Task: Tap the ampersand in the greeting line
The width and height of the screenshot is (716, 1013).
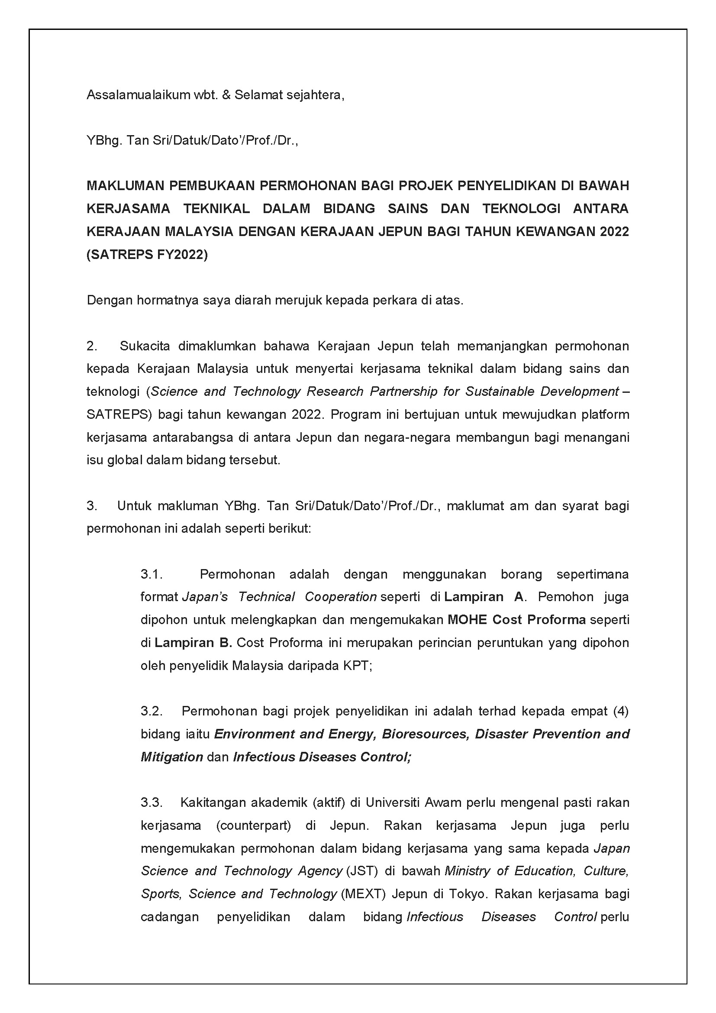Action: pos(226,95)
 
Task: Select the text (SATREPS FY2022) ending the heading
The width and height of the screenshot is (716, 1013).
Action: pos(147,255)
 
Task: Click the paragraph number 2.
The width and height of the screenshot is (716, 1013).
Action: pos(92,346)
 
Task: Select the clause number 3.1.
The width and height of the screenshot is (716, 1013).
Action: pos(152,574)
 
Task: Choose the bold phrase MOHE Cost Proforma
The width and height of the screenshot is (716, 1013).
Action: pos(517,620)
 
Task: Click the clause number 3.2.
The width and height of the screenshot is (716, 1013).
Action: pos(152,711)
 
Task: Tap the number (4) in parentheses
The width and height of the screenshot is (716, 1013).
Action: pos(620,711)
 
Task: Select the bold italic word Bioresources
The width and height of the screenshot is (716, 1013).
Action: pos(426,734)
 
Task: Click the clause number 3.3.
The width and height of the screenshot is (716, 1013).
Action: pos(152,803)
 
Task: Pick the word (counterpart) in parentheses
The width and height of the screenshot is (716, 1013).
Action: pos(254,825)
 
